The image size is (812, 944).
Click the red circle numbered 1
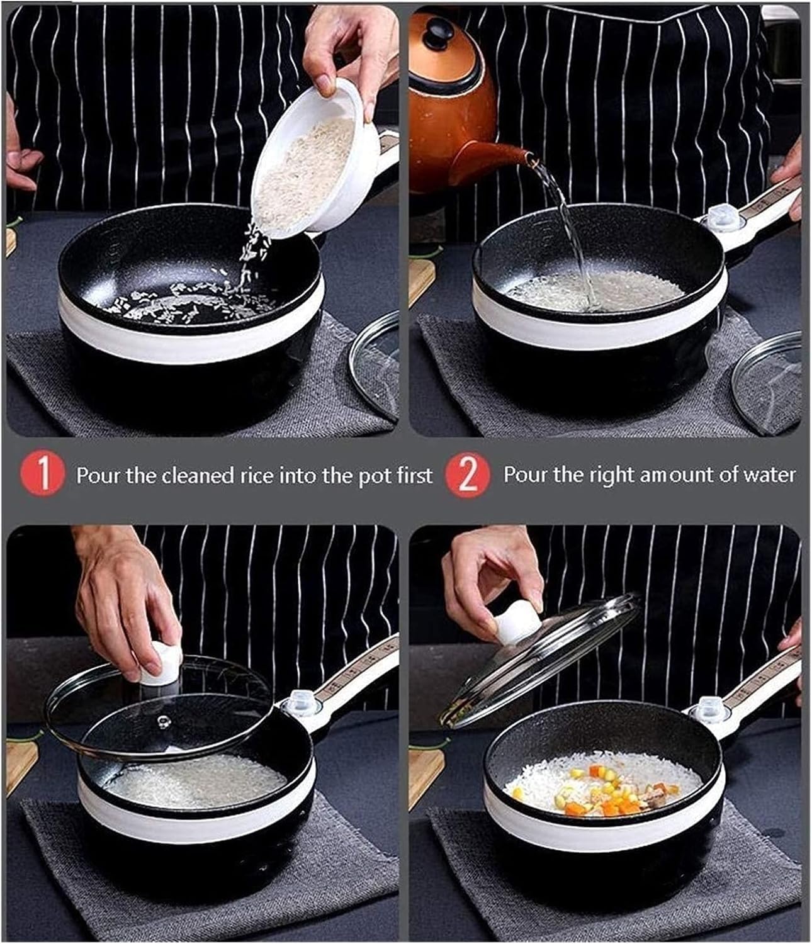(x=42, y=475)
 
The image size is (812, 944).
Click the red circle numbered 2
(x=468, y=475)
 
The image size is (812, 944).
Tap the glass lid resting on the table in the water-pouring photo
(x=768, y=381)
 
